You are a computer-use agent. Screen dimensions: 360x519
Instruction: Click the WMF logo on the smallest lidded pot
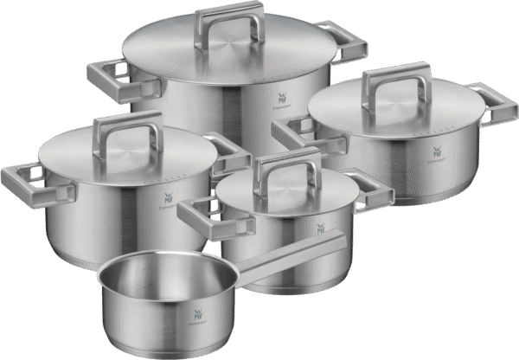click(321, 231)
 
